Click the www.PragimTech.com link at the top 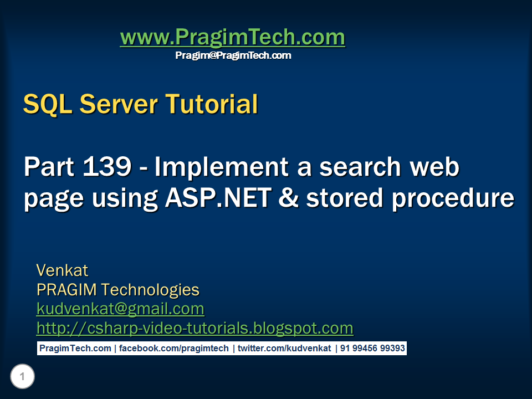(232, 37)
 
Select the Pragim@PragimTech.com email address (233, 55)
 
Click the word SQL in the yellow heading (48, 104)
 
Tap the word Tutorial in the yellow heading (212, 104)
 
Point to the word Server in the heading (119, 104)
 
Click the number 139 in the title (107, 166)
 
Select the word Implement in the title (222, 167)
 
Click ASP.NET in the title (218, 198)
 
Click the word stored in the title (344, 198)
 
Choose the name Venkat (62, 270)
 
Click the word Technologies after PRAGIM (150, 290)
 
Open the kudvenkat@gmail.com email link (120, 309)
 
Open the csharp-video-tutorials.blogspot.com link (195, 328)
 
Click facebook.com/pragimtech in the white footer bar (173, 349)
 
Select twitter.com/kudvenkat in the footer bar (284, 349)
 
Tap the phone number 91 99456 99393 (372, 349)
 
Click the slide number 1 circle (22, 376)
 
